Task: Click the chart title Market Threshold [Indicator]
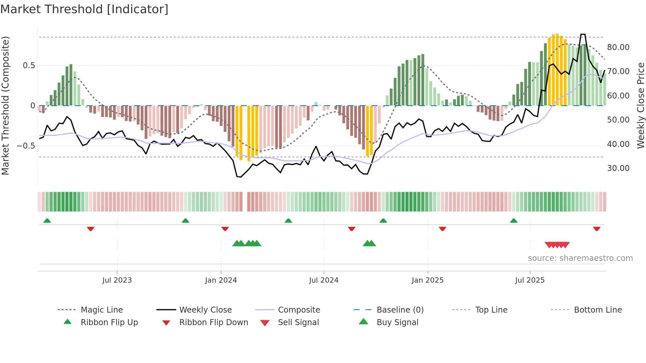coord(84,9)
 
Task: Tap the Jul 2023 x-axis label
coord(117,280)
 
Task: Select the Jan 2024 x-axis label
coord(221,280)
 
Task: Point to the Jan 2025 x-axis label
coord(427,280)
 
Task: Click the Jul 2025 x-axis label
coord(530,280)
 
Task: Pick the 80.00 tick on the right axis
coord(618,47)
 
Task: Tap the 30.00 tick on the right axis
coord(618,168)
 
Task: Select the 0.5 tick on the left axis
coord(29,66)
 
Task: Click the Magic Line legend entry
coord(102,310)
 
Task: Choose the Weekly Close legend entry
coord(205,310)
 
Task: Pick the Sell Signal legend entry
coord(298,322)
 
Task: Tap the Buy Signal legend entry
coord(397,322)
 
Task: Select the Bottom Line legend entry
coord(598,310)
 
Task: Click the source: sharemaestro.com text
coord(580,258)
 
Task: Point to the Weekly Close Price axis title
coord(640,105)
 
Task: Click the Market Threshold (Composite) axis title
coord(5,105)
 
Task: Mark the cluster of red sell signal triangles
coord(557,245)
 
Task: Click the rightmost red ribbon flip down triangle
coord(597,229)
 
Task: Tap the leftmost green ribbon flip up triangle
coord(47,221)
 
